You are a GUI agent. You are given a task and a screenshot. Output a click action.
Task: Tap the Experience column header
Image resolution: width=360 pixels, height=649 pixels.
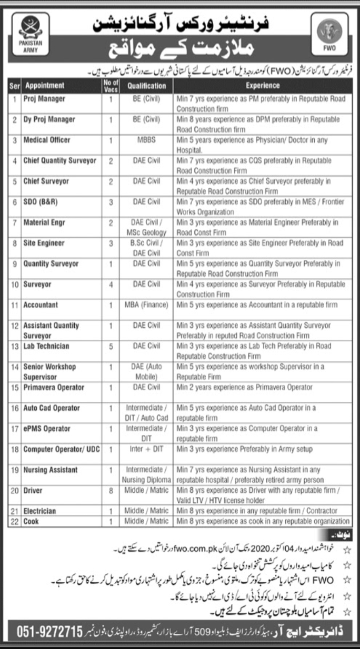pyautogui.click(x=261, y=85)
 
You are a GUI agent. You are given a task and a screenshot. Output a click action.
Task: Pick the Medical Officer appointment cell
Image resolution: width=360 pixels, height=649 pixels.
pyautogui.click(x=46, y=140)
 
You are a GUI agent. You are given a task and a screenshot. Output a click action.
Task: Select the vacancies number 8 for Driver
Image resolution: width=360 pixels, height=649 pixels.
pyautogui.click(x=111, y=491)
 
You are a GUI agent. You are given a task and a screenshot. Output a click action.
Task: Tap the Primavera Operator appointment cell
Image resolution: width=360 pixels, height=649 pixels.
pyautogui.click(x=53, y=388)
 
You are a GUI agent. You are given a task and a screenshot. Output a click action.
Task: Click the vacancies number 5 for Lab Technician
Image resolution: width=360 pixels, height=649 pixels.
pyautogui.click(x=111, y=346)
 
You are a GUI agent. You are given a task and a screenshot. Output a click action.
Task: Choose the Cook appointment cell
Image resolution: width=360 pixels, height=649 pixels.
pyautogui.click(x=31, y=521)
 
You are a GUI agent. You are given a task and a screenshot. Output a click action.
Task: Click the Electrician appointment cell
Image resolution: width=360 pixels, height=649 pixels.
pyautogui.click(x=39, y=511)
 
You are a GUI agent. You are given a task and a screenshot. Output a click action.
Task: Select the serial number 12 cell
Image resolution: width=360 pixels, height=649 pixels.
pyautogui.click(x=15, y=326)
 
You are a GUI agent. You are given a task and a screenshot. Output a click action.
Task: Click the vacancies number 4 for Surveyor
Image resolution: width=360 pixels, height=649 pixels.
pyautogui.click(x=111, y=285)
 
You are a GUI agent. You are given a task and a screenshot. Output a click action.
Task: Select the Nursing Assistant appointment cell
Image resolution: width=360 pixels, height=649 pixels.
pyautogui.click(x=50, y=470)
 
